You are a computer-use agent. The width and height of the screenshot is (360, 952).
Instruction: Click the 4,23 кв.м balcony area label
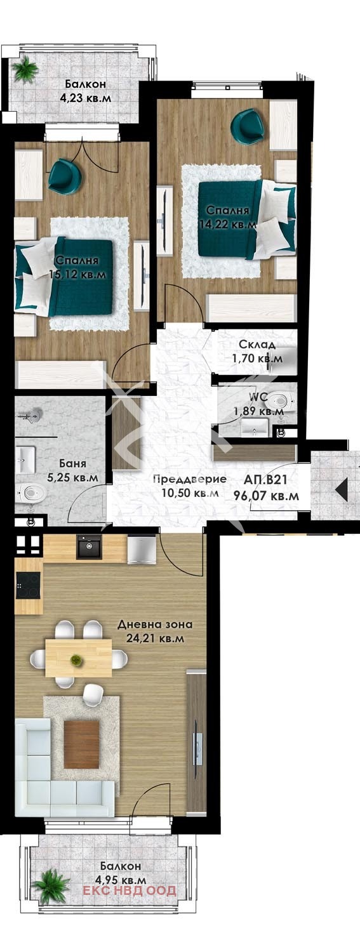click(x=83, y=98)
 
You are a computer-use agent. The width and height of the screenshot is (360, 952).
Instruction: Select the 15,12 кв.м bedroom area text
click(x=76, y=274)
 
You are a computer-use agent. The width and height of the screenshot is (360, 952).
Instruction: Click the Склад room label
click(x=257, y=345)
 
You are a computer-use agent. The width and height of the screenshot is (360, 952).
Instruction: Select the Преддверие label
click(x=190, y=480)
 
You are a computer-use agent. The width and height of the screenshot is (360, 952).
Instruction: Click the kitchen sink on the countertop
click(x=89, y=546)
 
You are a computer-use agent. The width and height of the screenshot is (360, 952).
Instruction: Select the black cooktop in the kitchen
click(x=28, y=585)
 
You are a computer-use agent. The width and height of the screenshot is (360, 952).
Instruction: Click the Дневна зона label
click(x=155, y=625)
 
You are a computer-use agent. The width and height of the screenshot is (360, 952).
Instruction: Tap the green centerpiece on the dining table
click(x=77, y=660)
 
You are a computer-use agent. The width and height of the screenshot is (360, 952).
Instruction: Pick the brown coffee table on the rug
click(x=81, y=744)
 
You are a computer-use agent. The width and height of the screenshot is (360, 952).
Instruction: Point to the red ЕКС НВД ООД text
click(x=130, y=891)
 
